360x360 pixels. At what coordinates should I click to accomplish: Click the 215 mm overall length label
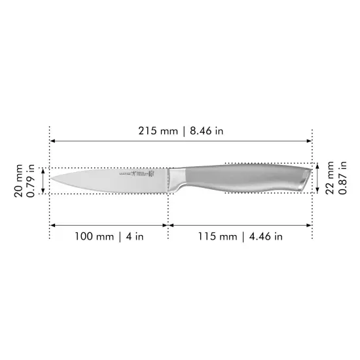[158, 130]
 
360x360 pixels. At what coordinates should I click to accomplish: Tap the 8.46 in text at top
[207, 130]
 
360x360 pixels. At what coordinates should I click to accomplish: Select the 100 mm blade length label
[92, 236]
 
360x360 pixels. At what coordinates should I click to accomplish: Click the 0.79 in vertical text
[30, 181]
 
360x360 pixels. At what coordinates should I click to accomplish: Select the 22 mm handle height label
[330, 179]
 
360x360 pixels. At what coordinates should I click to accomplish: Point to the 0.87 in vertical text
[341, 179]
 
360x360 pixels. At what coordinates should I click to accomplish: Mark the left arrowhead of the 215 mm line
[53, 141]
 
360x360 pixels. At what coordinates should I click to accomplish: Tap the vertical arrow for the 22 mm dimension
[317, 179]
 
